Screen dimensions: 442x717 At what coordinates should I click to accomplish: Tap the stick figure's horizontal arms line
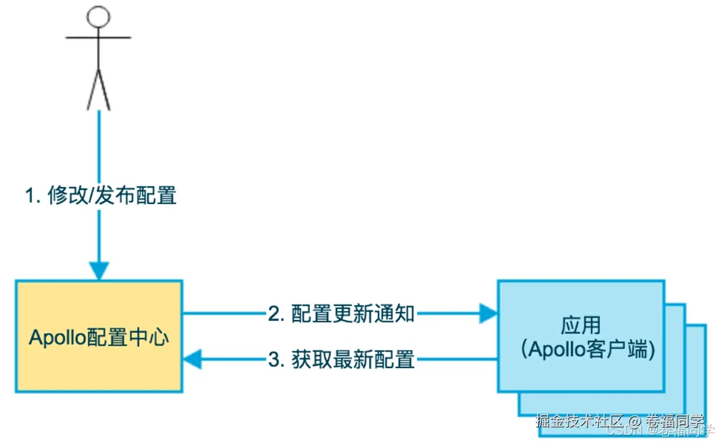tap(98, 38)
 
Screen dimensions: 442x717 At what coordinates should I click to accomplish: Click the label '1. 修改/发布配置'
tap(101, 195)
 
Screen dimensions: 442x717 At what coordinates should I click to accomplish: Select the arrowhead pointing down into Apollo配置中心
tap(99, 271)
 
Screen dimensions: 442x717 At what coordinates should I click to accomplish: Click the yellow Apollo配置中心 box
tap(99, 336)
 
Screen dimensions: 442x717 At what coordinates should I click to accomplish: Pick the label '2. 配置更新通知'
tap(341, 314)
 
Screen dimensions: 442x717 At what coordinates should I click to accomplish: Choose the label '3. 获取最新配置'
tap(341, 359)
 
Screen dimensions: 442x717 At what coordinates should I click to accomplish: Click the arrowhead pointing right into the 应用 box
tap(488, 314)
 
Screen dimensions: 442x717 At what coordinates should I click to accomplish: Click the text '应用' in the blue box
tap(580, 325)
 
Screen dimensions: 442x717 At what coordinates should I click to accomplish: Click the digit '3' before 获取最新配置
tap(274, 360)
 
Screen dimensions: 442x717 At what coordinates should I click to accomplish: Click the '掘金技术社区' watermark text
tap(579, 421)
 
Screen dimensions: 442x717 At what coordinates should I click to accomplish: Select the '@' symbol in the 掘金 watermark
tap(635, 421)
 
